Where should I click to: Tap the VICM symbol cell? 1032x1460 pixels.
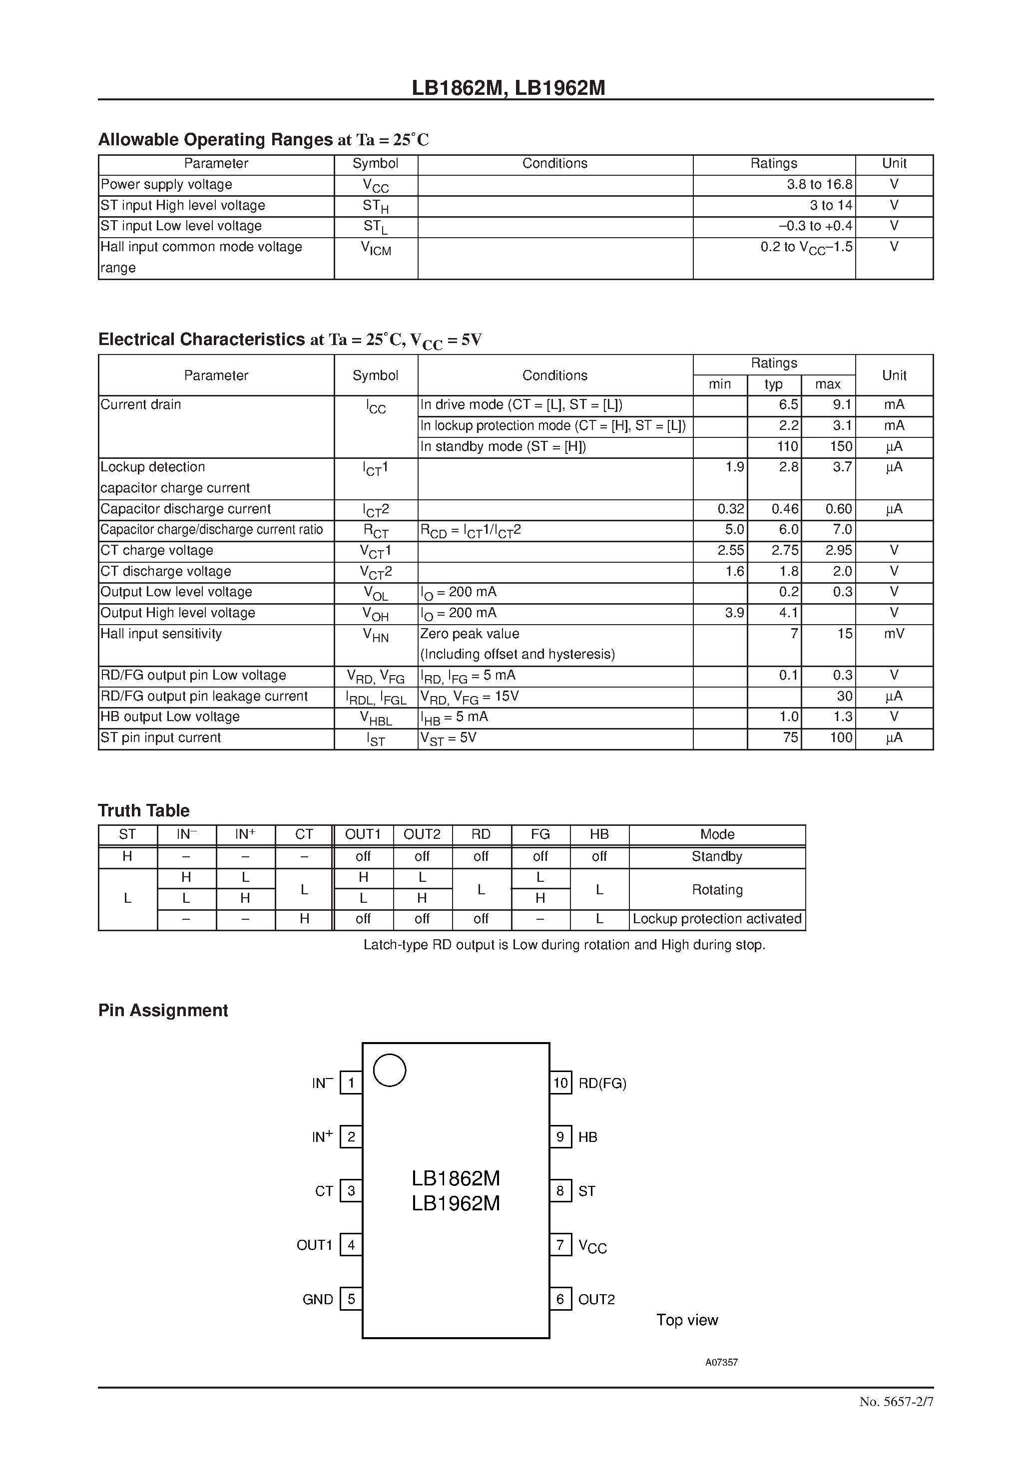376,249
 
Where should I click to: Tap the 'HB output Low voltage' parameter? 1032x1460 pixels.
170,717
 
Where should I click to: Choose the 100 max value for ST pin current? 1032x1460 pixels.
841,737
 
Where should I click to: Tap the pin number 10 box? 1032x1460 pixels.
560,1083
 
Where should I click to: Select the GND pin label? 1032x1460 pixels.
318,1299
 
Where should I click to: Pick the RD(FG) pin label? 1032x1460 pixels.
602,1084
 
